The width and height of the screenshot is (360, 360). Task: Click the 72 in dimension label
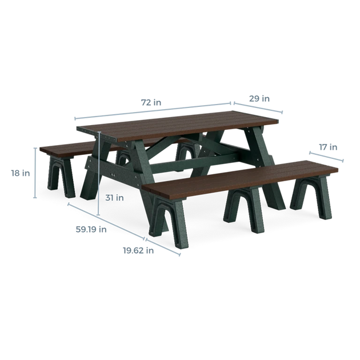(x=151, y=102)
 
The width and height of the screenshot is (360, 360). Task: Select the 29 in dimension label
(x=259, y=98)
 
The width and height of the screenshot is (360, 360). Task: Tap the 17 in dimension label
(x=328, y=147)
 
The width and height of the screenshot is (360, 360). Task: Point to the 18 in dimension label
(x=21, y=173)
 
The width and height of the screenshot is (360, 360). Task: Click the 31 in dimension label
(x=114, y=198)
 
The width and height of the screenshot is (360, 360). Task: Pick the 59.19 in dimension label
(x=91, y=229)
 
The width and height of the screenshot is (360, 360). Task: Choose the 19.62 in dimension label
(x=138, y=250)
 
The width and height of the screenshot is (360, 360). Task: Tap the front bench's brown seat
(x=240, y=179)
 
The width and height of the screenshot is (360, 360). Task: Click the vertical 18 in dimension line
(x=35, y=173)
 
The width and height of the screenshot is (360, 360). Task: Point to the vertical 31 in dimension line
(x=99, y=173)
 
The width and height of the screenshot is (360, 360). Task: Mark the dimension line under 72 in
(x=153, y=111)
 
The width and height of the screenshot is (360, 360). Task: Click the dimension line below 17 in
(x=326, y=157)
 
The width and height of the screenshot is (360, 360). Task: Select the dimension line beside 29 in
(x=258, y=107)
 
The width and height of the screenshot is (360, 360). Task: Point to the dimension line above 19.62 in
(x=163, y=247)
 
